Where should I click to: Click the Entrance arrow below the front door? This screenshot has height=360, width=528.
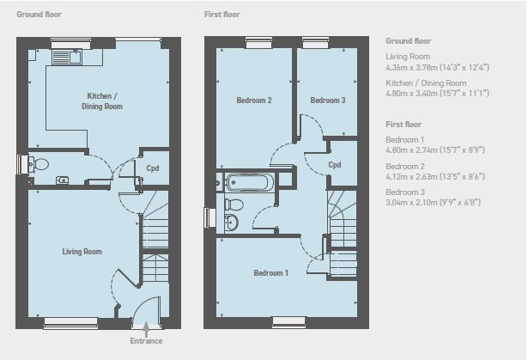(x=146, y=329)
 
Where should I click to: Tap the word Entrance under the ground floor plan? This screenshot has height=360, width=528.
(x=146, y=341)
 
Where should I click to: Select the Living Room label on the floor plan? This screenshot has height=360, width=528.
(x=82, y=252)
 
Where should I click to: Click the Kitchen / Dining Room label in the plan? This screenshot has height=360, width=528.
(x=102, y=101)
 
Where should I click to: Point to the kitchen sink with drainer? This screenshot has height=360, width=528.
(x=67, y=57)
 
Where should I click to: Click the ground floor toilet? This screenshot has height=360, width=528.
(x=39, y=164)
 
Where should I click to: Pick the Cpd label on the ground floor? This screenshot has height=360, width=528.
(x=153, y=168)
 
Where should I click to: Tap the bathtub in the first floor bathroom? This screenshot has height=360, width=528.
(x=247, y=182)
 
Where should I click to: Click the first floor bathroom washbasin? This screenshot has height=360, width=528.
(x=231, y=223)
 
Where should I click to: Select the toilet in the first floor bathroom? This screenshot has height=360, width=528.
(x=234, y=204)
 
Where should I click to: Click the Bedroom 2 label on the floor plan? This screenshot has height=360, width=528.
(x=254, y=101)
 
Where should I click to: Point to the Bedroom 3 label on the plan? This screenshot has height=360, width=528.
(x=328, y=101)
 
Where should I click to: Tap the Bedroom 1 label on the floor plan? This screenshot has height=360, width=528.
(x=271, y=272)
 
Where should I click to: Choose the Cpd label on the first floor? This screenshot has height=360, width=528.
(x=334, y=164)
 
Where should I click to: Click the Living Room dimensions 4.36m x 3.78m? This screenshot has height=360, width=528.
(x=437, y=67)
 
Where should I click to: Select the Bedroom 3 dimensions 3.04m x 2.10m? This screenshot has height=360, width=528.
(x=433, y=202)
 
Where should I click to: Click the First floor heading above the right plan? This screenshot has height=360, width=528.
(x=222, y=14)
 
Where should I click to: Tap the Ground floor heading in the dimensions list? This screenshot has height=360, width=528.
(x=408, y=40)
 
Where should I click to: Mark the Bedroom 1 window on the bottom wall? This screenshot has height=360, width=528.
(x=288, y=322)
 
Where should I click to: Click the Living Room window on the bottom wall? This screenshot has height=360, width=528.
(x=70, y=323)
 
